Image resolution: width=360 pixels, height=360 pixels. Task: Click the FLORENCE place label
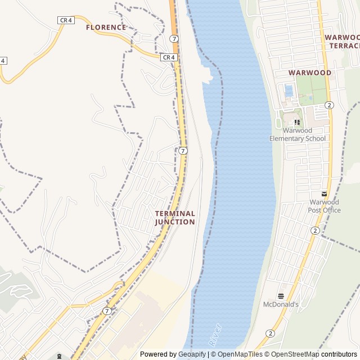point(106,27)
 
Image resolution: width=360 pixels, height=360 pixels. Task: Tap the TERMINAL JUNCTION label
point(175,218)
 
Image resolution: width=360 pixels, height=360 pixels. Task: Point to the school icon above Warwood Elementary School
point(298,122)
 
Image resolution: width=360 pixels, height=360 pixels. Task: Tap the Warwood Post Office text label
point(324,206)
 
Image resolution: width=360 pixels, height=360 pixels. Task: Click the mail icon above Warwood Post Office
point(324,193)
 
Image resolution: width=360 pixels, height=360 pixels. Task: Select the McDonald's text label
point(280,304)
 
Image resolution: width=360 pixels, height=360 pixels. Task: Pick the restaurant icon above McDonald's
point(280,295)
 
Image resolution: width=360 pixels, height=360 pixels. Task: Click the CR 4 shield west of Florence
point(66,20)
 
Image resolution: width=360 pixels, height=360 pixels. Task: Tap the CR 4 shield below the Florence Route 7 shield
point(169,57)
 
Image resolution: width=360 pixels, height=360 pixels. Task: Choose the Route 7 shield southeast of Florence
point(175,39)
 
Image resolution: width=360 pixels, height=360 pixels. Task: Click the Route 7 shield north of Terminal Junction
point(183,151)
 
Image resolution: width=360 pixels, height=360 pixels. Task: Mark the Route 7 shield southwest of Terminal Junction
point(107,311)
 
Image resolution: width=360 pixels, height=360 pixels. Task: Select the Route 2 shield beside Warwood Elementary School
point(329,105)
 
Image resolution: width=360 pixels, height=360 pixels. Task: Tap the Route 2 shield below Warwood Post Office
point(314,231)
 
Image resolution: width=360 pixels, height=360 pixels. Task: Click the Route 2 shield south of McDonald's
point(271,334)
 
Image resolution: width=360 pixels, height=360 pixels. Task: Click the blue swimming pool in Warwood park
point(289,91)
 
